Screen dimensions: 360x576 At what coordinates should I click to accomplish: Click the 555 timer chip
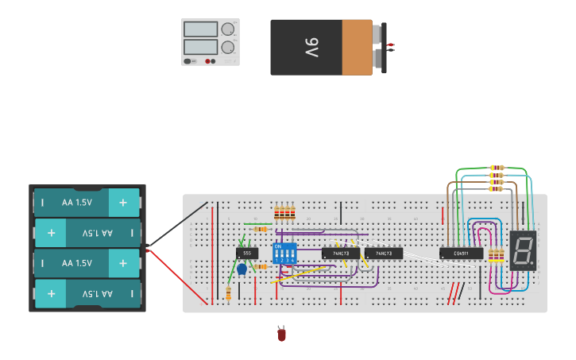point(246,253)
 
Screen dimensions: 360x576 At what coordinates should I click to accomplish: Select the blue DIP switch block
point(284,254)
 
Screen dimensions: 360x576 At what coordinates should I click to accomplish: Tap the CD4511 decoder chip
point(461,254)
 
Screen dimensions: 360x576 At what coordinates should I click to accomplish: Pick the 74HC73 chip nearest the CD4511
point(384,254)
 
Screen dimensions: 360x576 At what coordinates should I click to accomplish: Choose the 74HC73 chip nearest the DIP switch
point(341,254)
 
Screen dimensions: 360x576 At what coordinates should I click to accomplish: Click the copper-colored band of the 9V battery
point(357,48)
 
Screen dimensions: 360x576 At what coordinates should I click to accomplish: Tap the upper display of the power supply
point(201,29)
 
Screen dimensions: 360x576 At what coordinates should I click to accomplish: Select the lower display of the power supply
point(201,47)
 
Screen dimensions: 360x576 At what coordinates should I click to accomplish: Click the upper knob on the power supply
point(228,29)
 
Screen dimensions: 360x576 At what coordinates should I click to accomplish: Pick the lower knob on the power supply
point(228,47)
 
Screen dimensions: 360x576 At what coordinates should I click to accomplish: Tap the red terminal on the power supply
point(208,61)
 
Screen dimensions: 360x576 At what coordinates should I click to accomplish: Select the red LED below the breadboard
point(281,335)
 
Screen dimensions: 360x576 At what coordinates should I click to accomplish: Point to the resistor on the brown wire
point(497,182)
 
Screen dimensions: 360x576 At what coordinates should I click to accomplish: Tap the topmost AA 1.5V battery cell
point(86,203)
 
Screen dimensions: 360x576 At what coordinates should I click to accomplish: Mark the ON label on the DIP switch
point(278,247)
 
